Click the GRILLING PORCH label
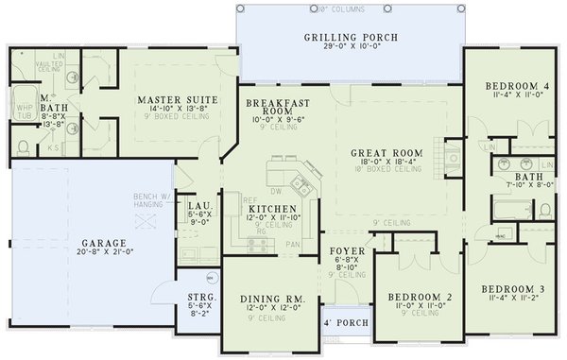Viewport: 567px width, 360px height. click(x=350, y=38)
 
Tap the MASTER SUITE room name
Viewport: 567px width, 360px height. click(x=178, y=99)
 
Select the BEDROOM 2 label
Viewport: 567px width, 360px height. click(x=420, y=298)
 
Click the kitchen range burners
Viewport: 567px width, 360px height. click(x=255, y=244)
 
